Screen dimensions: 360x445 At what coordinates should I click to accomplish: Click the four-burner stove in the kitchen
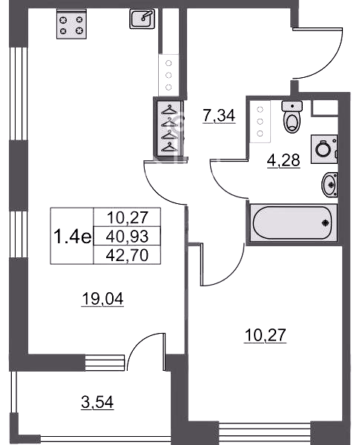point(71,24)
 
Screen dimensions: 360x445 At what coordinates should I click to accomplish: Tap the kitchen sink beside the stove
point(143,19)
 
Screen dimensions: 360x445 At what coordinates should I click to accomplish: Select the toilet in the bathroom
point(292,117)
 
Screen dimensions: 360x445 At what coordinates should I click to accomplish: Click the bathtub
point(293,223)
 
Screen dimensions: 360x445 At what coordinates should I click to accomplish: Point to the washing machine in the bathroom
point(324,149)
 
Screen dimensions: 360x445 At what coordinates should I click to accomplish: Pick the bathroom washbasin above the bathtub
point(330,184)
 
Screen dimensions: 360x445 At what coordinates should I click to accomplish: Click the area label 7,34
point(219,116)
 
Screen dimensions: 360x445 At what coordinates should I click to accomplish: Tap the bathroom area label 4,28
point(284,160)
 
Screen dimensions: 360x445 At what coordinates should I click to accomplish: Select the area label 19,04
point(102,299)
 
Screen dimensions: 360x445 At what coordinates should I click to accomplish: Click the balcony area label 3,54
point(97,402)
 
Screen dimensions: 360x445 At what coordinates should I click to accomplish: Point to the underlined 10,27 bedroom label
point(265,335)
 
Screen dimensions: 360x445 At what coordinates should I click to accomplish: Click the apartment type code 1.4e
point(73,237)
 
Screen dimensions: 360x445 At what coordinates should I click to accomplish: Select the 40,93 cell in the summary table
point(127,236)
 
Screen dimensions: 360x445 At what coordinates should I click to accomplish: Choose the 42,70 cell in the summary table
point(127,255)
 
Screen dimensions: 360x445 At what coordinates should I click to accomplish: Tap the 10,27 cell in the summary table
point(127,217)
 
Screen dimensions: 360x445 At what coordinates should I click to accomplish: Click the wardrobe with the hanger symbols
point(168,128)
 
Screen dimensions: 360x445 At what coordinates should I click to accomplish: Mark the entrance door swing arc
point(330,62)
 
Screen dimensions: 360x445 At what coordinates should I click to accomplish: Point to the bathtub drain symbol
point(326,222)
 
